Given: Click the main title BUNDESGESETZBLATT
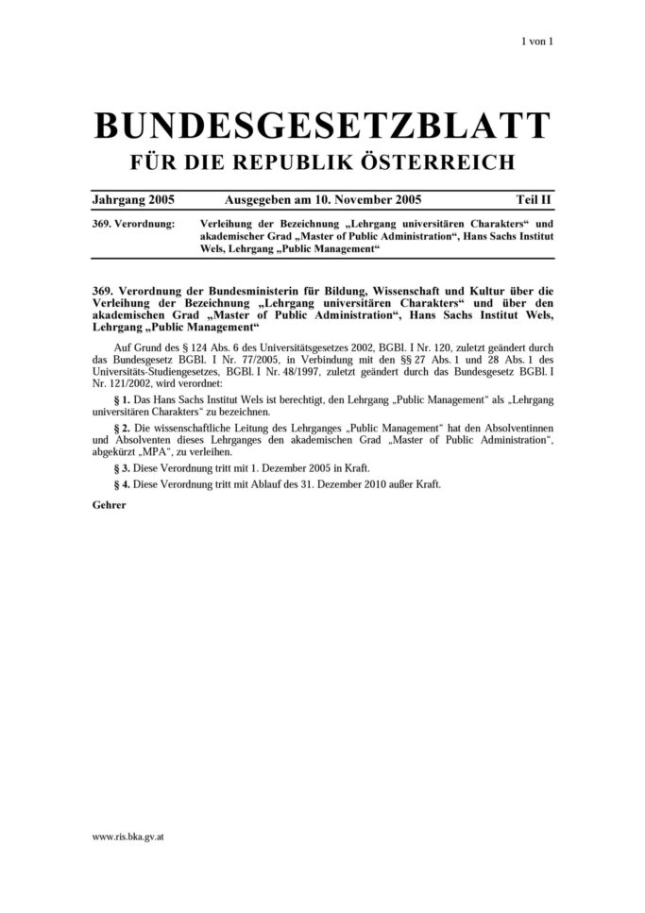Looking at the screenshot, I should [321, 125].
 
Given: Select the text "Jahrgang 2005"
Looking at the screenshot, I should [133, 201].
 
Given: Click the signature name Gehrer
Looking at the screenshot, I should [110, 504].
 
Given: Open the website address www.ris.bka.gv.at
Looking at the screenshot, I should [128, 837].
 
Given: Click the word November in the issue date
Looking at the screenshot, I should [355, 201].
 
